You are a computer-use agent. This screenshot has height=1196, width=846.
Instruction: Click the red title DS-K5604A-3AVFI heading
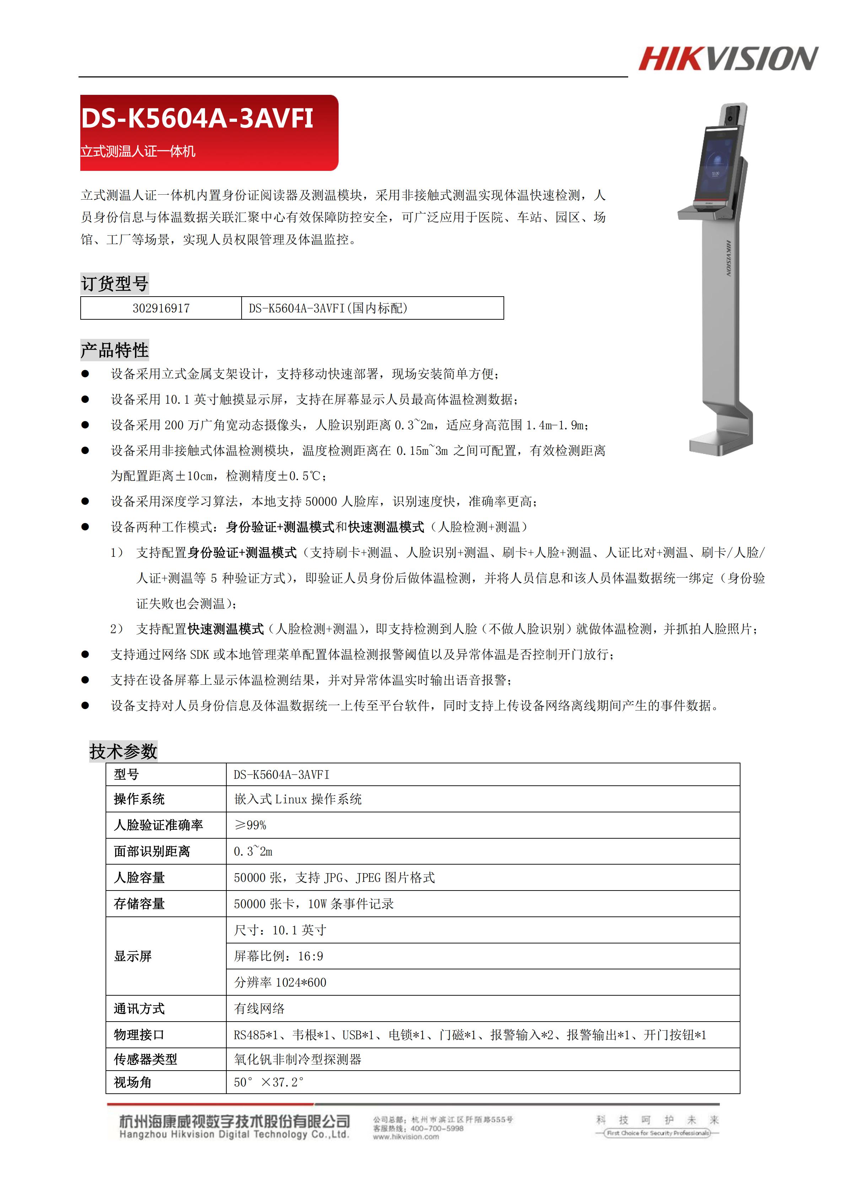[197, 118]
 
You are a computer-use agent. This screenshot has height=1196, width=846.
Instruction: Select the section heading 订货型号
[115, 284]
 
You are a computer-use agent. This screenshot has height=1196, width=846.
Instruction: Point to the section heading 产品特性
[115, 350]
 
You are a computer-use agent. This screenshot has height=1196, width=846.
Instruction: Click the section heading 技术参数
[123, 751]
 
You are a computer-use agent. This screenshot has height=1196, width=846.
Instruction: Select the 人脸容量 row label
[139, 877]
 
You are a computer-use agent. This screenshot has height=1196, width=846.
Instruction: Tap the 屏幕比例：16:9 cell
[278, 956]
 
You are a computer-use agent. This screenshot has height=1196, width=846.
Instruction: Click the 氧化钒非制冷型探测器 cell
[297, 1059]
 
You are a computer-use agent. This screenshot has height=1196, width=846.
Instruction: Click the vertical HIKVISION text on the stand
[728, 258]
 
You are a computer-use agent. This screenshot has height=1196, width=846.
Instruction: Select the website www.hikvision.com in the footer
[405, 1137]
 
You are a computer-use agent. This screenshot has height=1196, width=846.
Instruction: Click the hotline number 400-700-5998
[437, 1128]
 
